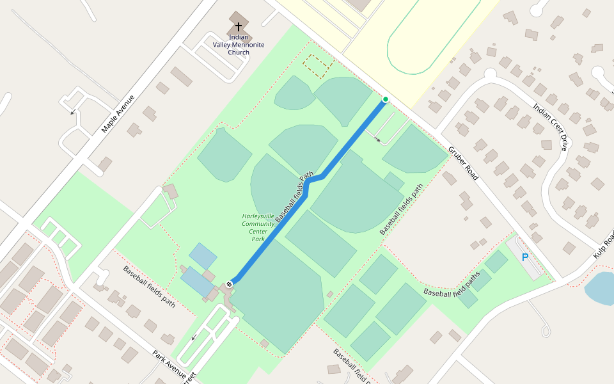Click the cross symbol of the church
click(x=239, y=27)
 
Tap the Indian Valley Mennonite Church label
click(x=239, y=45)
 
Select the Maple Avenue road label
click(x=118, y=115)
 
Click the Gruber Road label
click(x=463, y=163)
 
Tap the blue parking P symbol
click(x=525, y=257)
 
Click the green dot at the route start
click(x=385, y=99)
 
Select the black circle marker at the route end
click(x=229, y=284)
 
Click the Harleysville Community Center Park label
click(x=258, y=227)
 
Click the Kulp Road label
click(x=603, y=243)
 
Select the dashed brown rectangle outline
click(x=317, y=65)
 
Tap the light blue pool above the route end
click(x=203, y=256)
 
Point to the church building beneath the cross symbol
click(x=239, y=19)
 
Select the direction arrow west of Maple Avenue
click(x=72, y=113)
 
